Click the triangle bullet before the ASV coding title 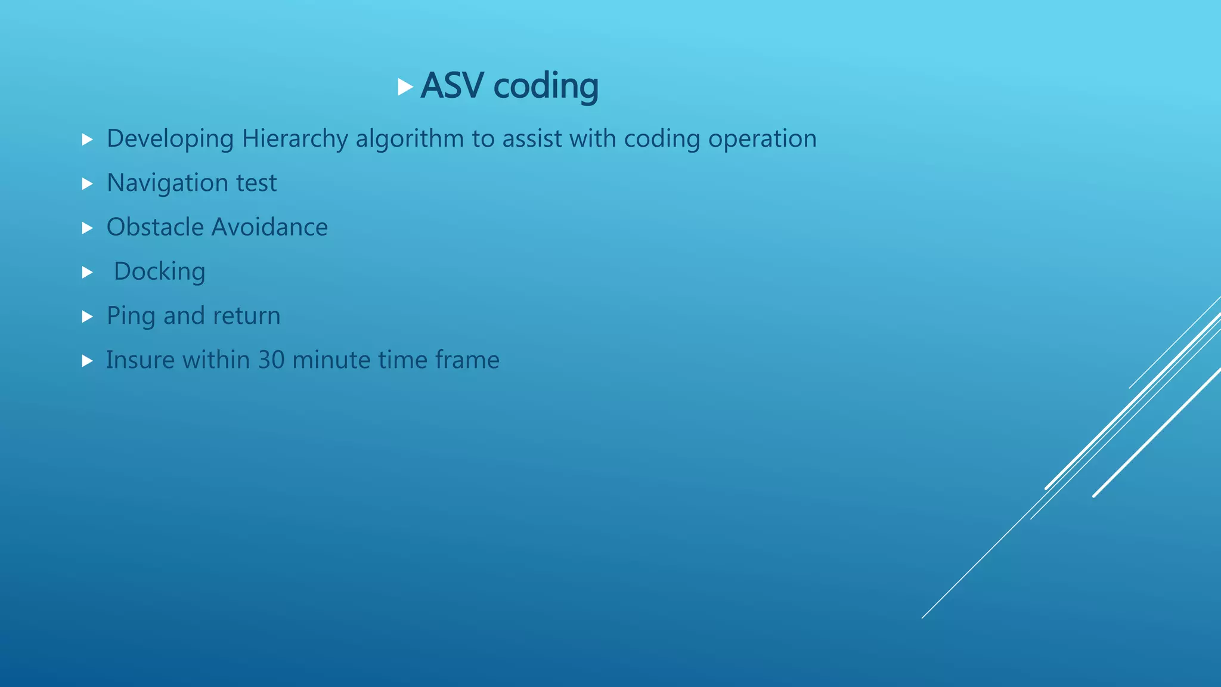[x=405, y=87]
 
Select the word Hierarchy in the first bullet [x=295, y=139]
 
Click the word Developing [x=170, y=139]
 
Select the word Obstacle [x=154, y=227]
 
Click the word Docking [x=159, y=272]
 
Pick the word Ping [x=131, y=316]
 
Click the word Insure [x=140, y=360]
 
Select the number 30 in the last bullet [x=271, y=360]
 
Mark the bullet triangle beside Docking [x=88, y=273]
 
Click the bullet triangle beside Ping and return [x=88, y=317]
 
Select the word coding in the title [x=546, y=86]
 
